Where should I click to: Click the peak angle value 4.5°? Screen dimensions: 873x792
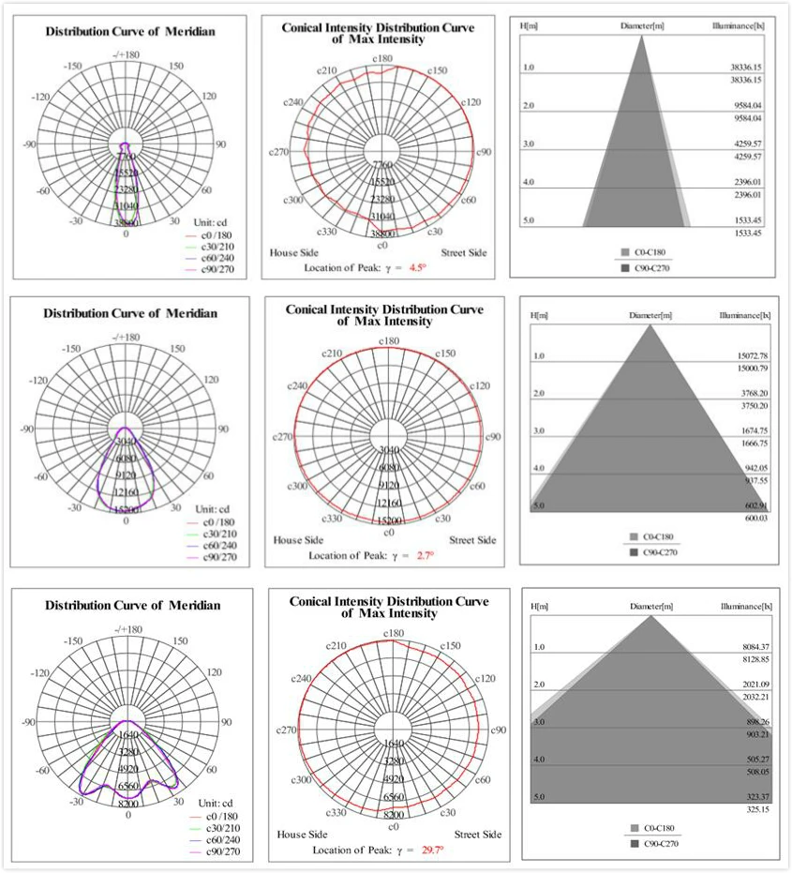pyautogui.click(x=416, y=267)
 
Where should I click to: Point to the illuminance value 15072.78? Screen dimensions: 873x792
pyautogui.click(x=748, y=356)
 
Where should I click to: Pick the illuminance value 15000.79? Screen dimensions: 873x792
pyautogui.click(x=748, y=369)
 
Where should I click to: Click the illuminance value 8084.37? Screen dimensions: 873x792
pyautogui.click(x=748, y=647)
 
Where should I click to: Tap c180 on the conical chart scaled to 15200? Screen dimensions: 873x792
pyautogui.click(x=389, y=340)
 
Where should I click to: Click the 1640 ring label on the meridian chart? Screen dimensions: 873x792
pyautogui.click(x=128, y=736)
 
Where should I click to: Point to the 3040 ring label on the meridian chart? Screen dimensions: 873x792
pyautogui.click(x=126, y=442)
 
